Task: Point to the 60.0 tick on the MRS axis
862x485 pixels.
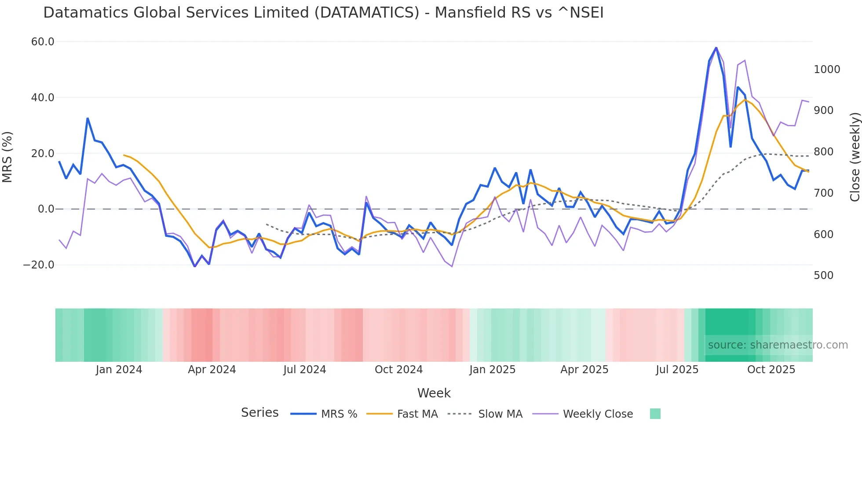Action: click(x=43, y=42)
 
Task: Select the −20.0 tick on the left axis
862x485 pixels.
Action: click(x=39, y=265)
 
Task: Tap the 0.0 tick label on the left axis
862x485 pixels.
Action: click(x=46, y=209)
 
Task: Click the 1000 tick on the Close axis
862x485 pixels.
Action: click(x=827, y=70)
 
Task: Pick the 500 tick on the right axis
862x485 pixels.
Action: click(x=823, y=276)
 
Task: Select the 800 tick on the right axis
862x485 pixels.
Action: click(x=823, y=152)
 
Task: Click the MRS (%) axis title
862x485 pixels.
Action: click(x=7, y=157)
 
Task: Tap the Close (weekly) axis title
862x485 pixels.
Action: click(x=855, y=157)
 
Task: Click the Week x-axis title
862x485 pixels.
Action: click(x=434, y=393)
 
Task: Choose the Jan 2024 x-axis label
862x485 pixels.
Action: click(x=119, y=370)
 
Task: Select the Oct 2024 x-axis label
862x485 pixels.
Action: click(x=398, y=370)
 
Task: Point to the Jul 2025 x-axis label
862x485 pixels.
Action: click(x=677, y=370)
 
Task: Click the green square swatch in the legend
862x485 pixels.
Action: click(x=655, y=414)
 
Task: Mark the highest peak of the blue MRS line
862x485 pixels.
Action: click(x=716, y=48)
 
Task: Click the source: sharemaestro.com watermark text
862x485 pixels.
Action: click(x=778, y=345)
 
